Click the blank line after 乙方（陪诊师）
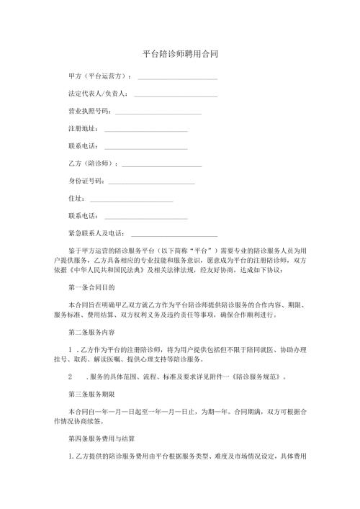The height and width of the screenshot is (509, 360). click(162, 164)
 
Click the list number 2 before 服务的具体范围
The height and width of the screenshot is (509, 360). click(70, 376)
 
